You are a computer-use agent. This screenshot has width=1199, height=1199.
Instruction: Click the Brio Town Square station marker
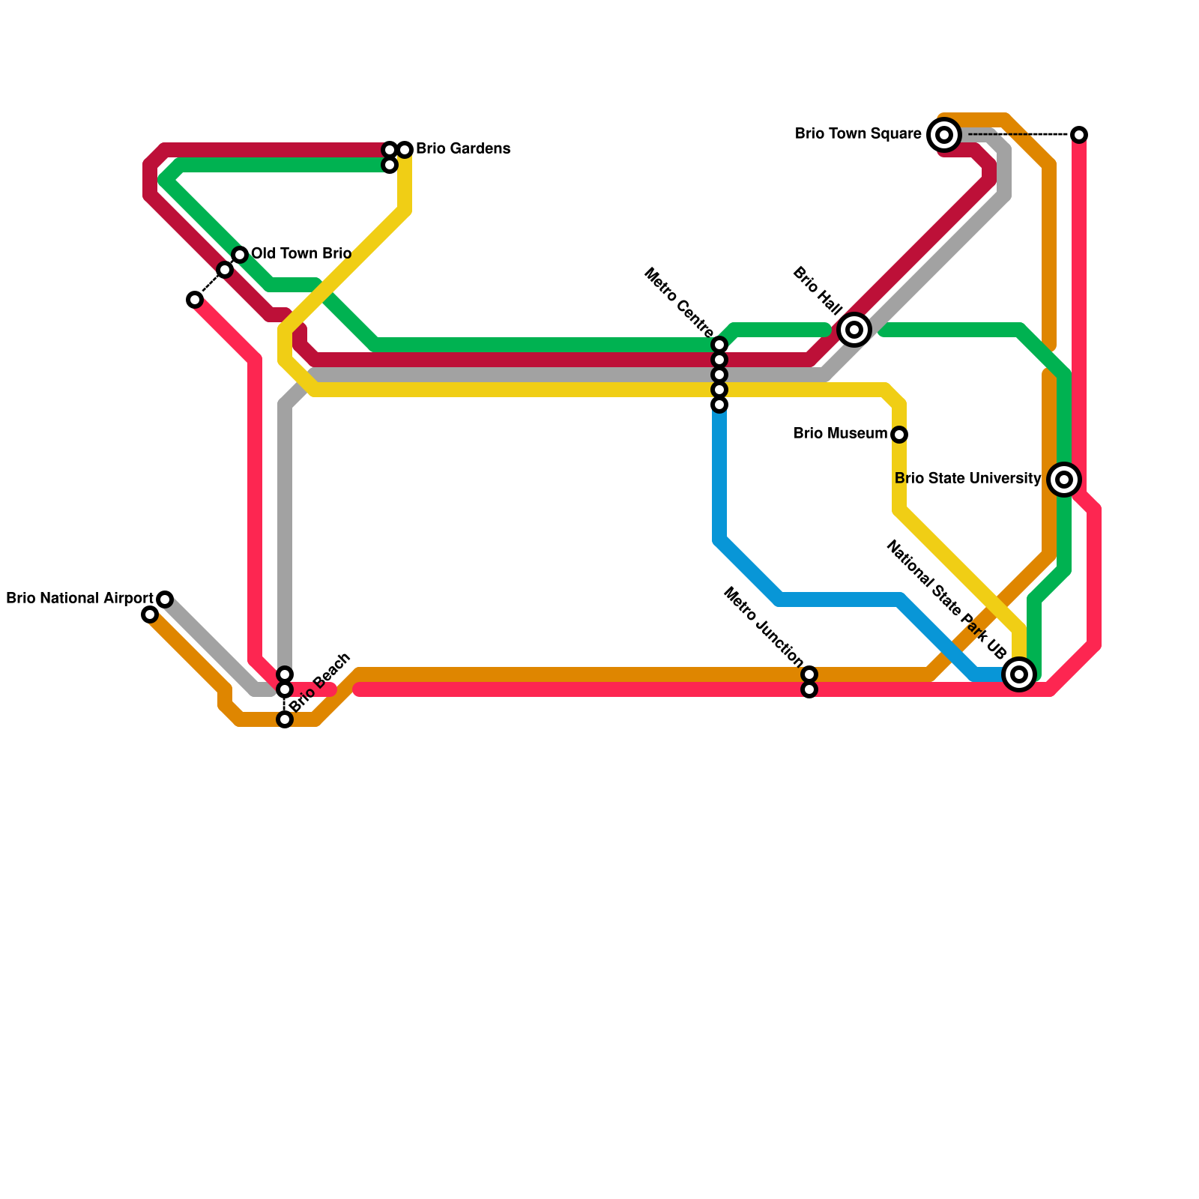(944, 135)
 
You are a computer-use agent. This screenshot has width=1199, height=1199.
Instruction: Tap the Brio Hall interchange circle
(854, 330)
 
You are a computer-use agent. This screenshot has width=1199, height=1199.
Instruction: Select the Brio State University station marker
(1064, 480)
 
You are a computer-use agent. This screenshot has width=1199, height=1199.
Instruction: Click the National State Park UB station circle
(1018, 674)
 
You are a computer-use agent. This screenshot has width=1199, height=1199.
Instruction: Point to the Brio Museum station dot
(899, 435)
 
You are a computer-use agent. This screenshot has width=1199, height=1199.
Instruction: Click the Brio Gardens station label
(462, 149)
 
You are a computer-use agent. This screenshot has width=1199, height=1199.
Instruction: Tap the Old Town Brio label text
(300, 254)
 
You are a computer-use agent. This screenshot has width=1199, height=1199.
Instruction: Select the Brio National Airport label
(79, 599)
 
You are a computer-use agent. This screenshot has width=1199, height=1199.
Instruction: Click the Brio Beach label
(319, 683)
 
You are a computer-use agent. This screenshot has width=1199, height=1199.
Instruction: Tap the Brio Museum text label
(840, 434)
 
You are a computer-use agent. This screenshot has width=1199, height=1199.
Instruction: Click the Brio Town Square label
(858, 134)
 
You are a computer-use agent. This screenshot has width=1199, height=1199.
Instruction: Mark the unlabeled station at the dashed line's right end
(1079, 135)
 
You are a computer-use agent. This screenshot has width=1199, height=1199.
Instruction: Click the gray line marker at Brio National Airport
(165, 599)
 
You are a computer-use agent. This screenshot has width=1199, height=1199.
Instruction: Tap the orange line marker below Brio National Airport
(150, 615)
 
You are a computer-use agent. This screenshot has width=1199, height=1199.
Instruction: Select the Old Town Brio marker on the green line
(240, 255)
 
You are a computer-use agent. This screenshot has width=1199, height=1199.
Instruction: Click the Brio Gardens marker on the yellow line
(405, 150)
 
